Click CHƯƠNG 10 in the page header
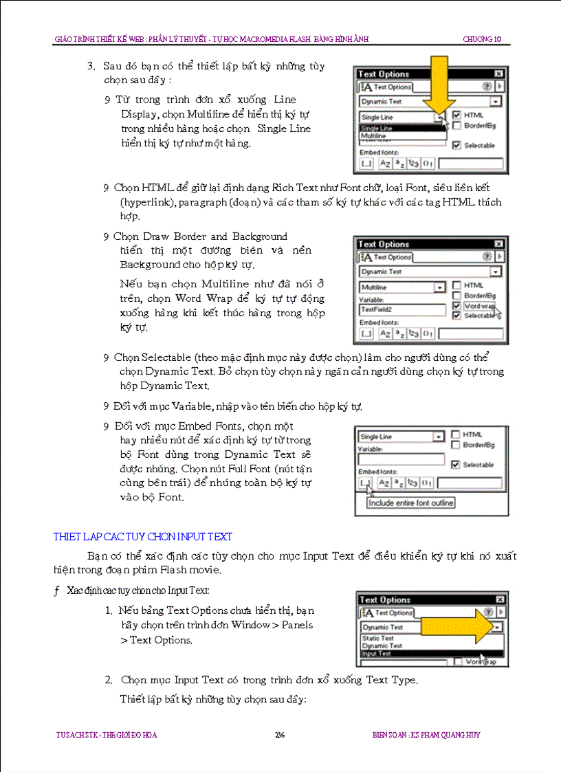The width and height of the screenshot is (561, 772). pos(487,39)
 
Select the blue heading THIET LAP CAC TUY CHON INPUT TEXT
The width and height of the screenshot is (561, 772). pos(143,536)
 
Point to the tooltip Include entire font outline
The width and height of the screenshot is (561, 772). pos(411,503)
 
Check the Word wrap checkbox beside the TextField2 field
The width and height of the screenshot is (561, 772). pos(456,306)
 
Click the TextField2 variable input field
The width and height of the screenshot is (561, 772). pos(402,311)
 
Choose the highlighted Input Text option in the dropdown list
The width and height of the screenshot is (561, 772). pos(376,654)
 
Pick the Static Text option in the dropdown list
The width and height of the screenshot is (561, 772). pos(378,639)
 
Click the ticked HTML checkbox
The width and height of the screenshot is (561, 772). pos(456,115)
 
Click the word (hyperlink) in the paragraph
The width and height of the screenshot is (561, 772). pos(149,202)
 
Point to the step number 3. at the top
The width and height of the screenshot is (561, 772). pos(90,67)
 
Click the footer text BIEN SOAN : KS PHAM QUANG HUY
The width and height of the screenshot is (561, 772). pos(421,735)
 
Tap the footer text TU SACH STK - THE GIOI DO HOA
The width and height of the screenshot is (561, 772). pos(107,735)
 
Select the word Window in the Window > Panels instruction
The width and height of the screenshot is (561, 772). pos(251,625)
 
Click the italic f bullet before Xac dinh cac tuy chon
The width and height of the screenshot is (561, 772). pos(56,591)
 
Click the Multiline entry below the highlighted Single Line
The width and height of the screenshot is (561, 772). pos(375,136)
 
